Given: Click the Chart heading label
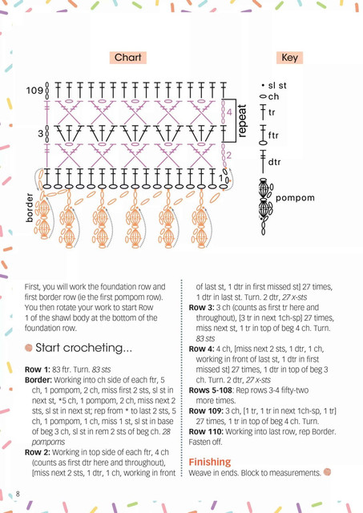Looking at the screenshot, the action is pos(128,58).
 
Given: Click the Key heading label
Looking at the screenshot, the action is pos(290,58).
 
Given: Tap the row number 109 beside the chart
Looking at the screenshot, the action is pos(34,91).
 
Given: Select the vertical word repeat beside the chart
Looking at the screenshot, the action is pos(242,120).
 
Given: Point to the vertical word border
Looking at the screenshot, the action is pos(30,208).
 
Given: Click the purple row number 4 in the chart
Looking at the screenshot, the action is pos(229,112).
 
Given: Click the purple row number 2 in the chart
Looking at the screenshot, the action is pos(228,155).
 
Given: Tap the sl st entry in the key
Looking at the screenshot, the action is pos(274,86).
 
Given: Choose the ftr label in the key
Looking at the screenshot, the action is pos(273,135).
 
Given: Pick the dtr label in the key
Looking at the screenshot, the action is pos(274,162).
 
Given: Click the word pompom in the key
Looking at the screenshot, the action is pos(295,198).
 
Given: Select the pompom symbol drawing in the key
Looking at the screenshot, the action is pos(265,207).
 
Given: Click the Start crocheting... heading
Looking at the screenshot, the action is pos(83,348).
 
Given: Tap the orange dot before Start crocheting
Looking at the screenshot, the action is pos(29,347).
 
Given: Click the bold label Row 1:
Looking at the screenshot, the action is pos(38,370).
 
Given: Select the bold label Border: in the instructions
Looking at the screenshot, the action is pos(38,380).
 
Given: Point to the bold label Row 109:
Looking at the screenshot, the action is pos(206,411).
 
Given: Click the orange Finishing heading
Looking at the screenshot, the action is pos(210,462).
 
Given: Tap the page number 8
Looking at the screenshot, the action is pos(18,494).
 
